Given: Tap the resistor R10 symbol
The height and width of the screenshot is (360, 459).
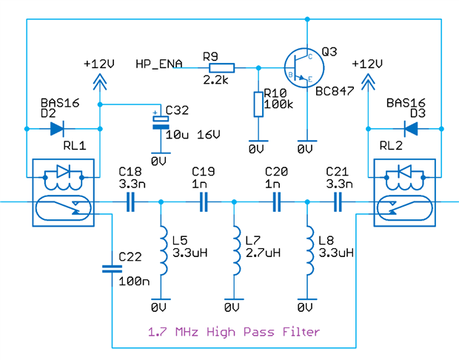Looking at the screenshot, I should pos(257,104).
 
